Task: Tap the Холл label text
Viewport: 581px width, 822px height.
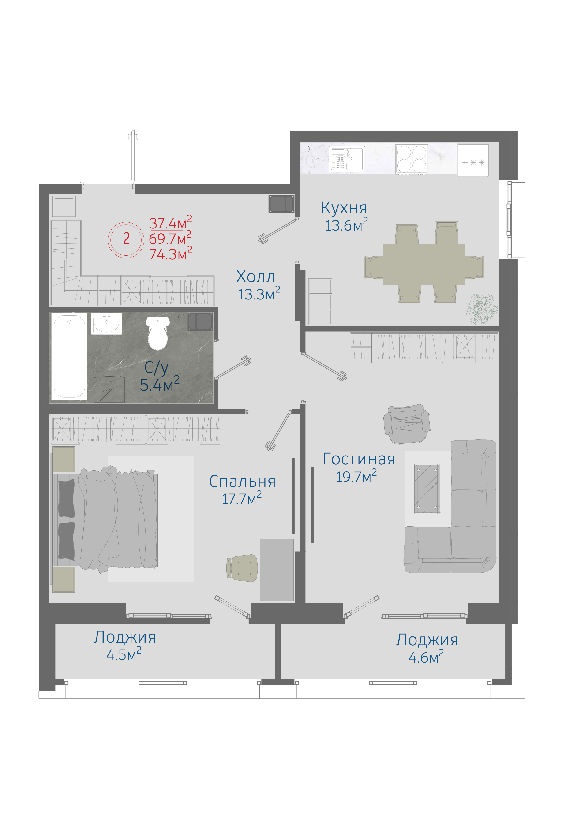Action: (x=256, y=277)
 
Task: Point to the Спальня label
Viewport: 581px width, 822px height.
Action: (x=242, y=482)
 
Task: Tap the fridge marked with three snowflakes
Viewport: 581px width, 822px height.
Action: (x=473, y=160)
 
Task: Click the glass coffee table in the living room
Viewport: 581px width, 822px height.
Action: (x=427, y=489)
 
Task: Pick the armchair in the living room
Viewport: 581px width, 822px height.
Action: (x=407, y=424)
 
